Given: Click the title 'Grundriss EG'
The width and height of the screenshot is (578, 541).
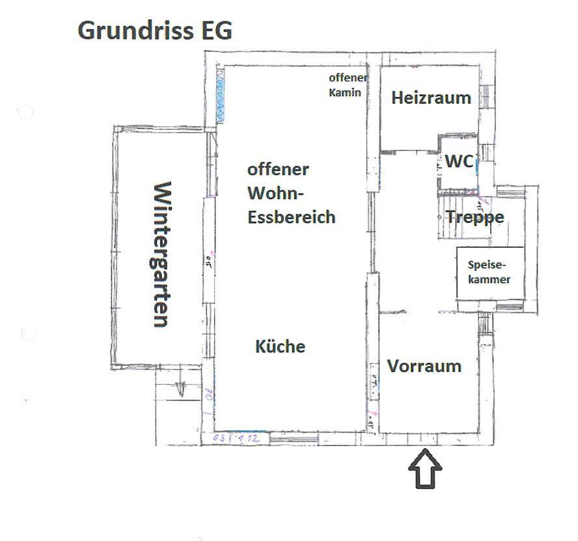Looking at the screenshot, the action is pyautogui.click(x=155, y=31).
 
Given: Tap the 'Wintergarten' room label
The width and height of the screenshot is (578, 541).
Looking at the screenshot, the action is pyautogui.click(x=161, y=254).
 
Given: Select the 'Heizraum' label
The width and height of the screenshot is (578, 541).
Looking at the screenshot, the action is pyautogui.click(x=431, y=98).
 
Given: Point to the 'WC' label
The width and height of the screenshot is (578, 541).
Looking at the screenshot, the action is pyautogui.click(x=459, y=162).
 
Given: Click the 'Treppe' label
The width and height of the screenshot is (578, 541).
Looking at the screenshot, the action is pyautogui.click(x=475, y=217).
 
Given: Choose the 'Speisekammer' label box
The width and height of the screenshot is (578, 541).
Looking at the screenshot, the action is pyautogui.click(x=489, y=272).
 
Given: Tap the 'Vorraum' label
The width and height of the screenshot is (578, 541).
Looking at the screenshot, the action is pyautogui.click(x=424, y=366).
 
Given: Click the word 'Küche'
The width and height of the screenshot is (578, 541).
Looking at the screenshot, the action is pyautogui.click(x=280, y=347).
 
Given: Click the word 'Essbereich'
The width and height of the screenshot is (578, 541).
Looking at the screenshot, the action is pyautogui.click(x=291, y=217).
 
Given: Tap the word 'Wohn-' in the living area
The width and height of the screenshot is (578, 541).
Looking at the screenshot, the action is pyautogui.click(x=276, y=194).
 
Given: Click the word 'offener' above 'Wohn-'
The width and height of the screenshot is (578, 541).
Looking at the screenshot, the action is pyautogui.click(x=278, y=170).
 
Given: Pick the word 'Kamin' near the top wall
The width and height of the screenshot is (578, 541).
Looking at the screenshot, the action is pyautogui.click(x=345, y=92).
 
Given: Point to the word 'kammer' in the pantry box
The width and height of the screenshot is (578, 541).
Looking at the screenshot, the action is pyautogui.click(x=489, y=280).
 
